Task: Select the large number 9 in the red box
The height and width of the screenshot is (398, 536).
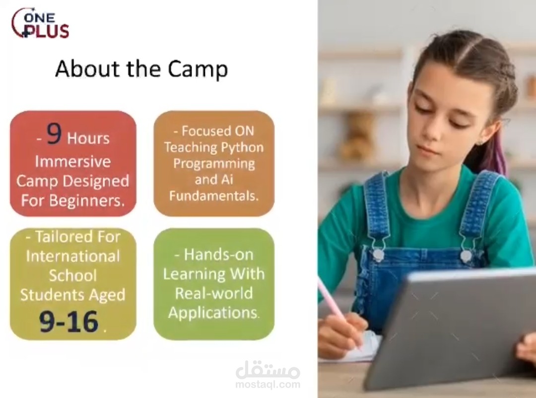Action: click(x=54, y=135)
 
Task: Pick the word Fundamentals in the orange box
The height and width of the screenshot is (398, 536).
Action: click(x=214, y=196)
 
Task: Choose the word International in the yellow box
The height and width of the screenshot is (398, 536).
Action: click(x=73, y=256)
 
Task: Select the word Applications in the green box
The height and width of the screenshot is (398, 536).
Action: click(x=213, y=313)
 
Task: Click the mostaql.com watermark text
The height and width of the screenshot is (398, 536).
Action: click(x=268, y=384)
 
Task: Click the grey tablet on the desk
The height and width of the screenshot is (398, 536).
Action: click(x=452, y=328)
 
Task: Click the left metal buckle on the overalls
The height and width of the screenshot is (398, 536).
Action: click(x=379, y=254)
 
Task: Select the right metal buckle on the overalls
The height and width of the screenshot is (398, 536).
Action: click(x=466, y=255)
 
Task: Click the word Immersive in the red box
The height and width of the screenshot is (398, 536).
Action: click(x=73, y=162)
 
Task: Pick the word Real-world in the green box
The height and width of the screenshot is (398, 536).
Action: click(x=213, y=293)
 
